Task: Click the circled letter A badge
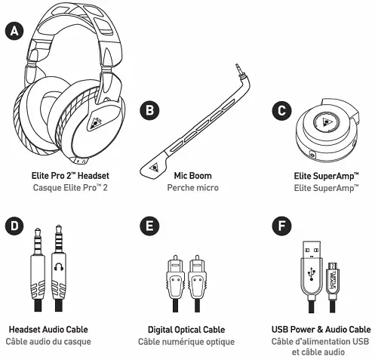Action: (13, 31)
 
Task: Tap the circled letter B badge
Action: (152, 111)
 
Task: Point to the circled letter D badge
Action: (13, 226)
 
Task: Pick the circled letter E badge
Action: (152, 226)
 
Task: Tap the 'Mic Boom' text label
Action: (186, 175)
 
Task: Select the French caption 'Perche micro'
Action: (186, 186)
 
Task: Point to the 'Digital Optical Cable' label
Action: (186, 329)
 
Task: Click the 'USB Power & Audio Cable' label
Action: (320, 329)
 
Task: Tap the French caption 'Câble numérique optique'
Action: (186, 341)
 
